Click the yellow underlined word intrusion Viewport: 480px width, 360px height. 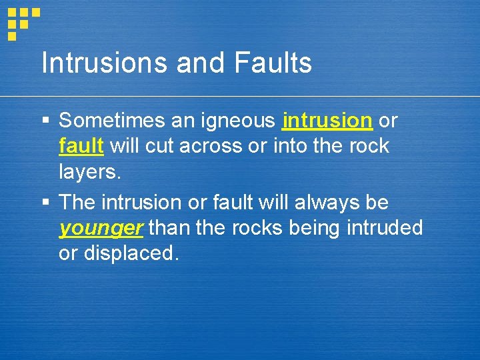[x=327, y=121]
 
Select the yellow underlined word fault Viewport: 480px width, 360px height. [x=81, y=145]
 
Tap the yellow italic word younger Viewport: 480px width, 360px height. [x=101, y=229]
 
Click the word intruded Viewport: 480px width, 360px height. [x=385, y=229]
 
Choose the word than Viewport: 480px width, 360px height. [x=169, y=229]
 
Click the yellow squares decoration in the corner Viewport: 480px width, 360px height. [x=22, y=21]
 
